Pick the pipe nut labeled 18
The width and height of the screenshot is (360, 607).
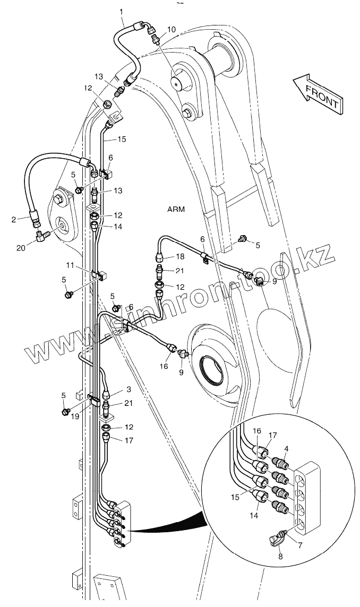[x=159, y=258]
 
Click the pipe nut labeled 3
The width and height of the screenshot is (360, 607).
[x=107, y=395]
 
